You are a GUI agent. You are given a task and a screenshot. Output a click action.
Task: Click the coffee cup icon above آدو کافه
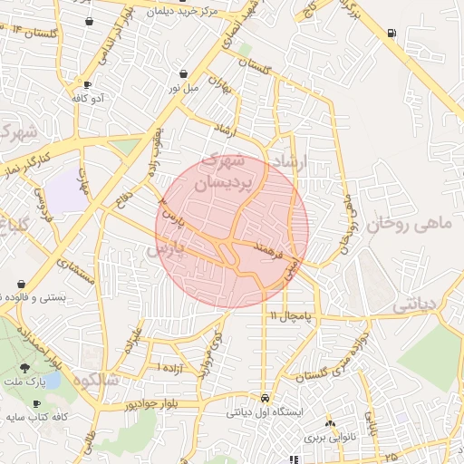(87, 84)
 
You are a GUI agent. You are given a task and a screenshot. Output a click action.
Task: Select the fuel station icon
(391, 33)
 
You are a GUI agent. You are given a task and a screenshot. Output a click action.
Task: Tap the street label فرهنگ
(271, 246)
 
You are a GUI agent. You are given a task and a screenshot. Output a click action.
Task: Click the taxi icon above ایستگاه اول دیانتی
(264, 398)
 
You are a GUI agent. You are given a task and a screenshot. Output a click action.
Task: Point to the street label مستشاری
(77, 270)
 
